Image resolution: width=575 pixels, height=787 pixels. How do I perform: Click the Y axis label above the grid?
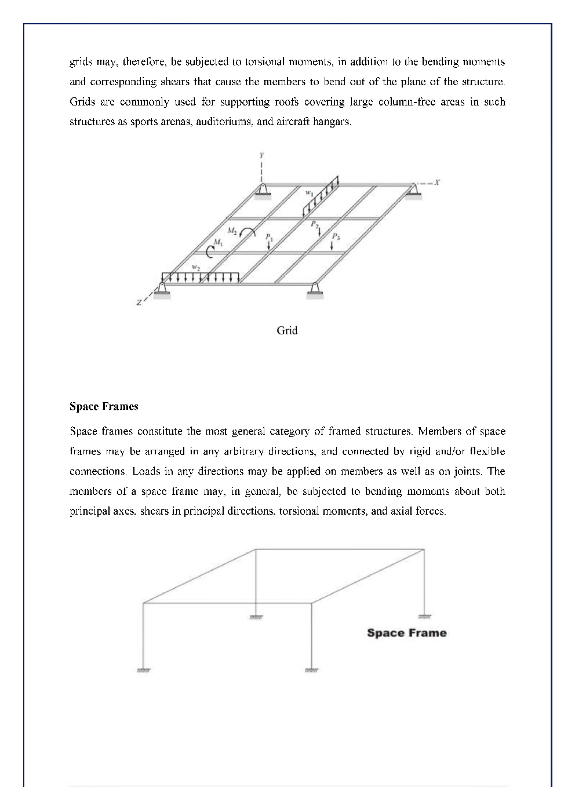point(262,155)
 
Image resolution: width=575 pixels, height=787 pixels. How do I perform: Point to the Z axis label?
point(139,303)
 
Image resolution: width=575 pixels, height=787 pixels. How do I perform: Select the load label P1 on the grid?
point(268,237)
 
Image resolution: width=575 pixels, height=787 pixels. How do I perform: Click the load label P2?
point(314,224)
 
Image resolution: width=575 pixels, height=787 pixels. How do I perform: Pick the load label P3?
point(336,236)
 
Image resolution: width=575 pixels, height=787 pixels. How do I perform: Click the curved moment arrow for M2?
point(248,231)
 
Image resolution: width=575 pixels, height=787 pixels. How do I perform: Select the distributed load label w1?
point(310,193)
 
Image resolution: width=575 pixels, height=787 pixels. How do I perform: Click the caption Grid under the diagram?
point(287,330)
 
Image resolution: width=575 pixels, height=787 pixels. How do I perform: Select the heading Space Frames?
point(104,406)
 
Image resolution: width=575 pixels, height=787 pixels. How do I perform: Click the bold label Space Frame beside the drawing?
point(406,632)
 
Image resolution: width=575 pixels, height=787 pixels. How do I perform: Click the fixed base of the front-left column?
point(143,670)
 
